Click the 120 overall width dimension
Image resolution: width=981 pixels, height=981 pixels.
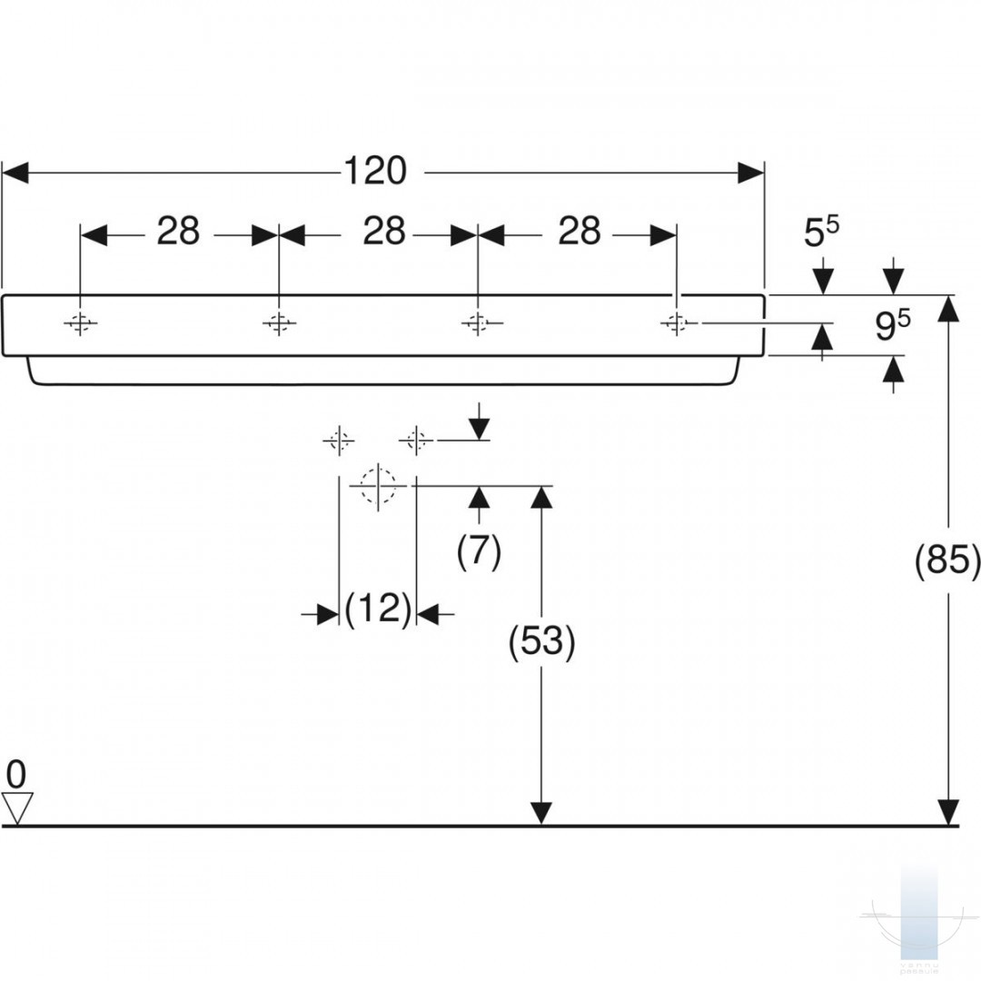coord(375,171)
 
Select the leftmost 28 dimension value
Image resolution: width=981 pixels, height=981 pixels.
coord(178,231)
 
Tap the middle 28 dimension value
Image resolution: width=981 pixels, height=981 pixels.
coord(384,231)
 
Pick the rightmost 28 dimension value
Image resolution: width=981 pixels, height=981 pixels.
coord(580,231)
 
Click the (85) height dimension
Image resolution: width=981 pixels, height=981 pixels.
coord(947,559)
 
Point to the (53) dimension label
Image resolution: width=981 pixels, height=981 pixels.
coord(541,642)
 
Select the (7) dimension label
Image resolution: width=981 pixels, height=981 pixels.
coord(480,551)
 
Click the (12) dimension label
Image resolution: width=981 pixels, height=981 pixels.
coord(379,608)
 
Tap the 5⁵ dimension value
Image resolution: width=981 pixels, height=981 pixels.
coord(821,233)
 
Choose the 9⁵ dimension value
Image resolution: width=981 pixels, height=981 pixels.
coord(892,325)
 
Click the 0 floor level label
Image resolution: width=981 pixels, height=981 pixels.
coord(16,775)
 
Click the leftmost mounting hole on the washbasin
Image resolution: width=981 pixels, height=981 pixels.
coord(80,322)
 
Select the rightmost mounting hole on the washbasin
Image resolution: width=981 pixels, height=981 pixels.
coord(676,322)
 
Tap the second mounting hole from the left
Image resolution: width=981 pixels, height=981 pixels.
coord(279,322)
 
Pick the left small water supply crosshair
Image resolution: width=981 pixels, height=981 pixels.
coord(339,441)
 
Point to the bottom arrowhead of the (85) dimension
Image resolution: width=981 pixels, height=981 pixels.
coord(949,812)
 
